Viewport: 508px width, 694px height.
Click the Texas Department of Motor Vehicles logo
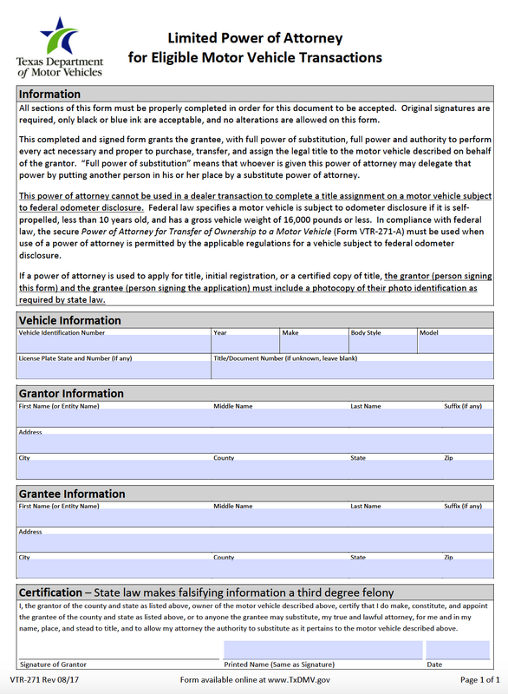tap(59, 48)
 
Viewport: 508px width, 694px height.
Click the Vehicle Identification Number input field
tap(113, 345)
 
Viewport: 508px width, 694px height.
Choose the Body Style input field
tap(381, 345)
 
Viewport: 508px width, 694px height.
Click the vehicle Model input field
tap(453, 345)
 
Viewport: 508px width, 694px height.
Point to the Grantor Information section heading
tap(71, 394)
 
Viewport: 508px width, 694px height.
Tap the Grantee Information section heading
tap(72, 494)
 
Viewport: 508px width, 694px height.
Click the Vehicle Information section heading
tap(69, 320)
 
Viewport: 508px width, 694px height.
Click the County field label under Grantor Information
tap(224, 457)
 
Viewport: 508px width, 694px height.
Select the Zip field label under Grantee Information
tap(448, 558)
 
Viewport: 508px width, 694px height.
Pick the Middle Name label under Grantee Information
tap(233, 506)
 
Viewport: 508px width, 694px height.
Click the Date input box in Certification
tap(458, 650)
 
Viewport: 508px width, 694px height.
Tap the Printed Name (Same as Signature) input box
tap(322, 650)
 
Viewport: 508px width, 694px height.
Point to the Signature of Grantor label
tap(53, 665)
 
